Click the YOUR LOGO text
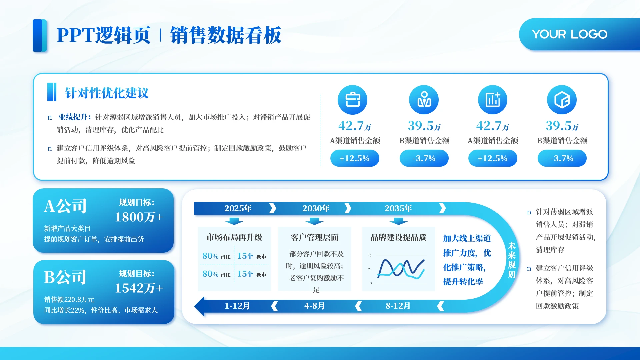570,34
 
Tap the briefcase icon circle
352,100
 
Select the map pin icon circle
424,100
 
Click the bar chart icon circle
493,100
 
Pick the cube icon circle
562,100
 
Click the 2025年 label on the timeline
238,208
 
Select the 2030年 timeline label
316,208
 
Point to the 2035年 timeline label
398,208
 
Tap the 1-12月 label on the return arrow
237,306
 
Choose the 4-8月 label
314,306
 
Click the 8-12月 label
398,306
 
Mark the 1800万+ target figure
139,217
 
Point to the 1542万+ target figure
139,288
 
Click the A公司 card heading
65,206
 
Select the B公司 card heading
65,277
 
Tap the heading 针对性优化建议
107,93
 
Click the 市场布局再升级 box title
234,237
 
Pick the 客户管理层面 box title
315,237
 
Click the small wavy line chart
401,269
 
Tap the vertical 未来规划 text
512,260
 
